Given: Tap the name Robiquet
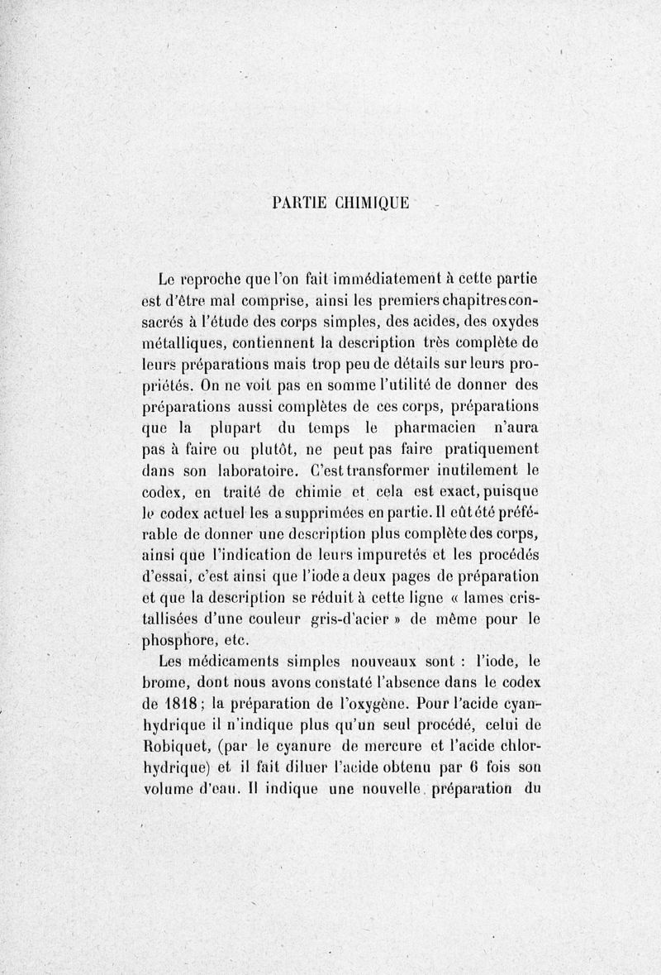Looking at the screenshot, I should click(x=174, y=750).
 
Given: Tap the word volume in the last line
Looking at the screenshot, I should click(x=168, y=793).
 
